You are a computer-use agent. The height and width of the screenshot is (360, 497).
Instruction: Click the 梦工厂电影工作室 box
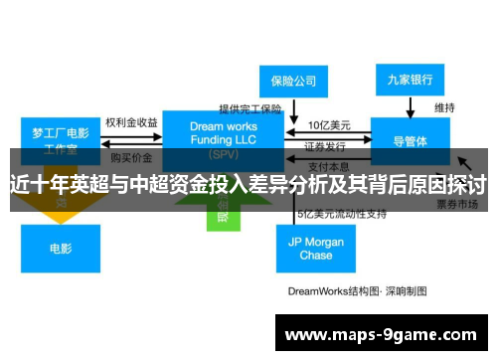(x=62, y=140)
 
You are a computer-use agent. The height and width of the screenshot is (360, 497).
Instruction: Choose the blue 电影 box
(x=62, y=248)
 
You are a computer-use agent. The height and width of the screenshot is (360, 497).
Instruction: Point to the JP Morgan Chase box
(x=316, y=248)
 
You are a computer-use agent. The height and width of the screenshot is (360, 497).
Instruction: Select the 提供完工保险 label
(x=250, y=108)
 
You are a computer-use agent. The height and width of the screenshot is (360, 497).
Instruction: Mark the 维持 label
(x=445, y=106)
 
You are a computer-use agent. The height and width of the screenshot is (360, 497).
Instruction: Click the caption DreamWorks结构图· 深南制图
(x=344, y=291)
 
